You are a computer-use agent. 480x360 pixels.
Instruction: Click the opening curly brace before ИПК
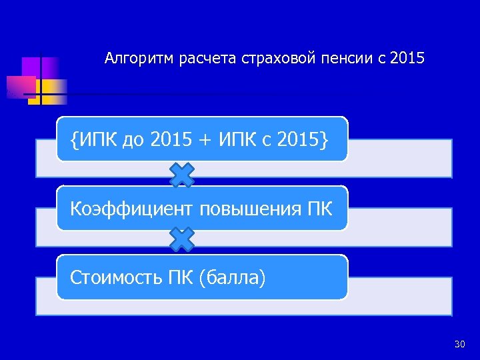pos(74,140)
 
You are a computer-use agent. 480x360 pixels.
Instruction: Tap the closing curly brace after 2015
pos(323,140)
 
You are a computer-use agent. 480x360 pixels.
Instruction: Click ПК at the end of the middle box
pos(319,209)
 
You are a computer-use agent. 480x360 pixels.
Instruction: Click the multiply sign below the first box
pos(182,175)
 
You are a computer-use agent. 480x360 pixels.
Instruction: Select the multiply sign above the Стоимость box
pos(182,240)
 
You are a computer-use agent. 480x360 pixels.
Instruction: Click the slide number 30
pos(459,344)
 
